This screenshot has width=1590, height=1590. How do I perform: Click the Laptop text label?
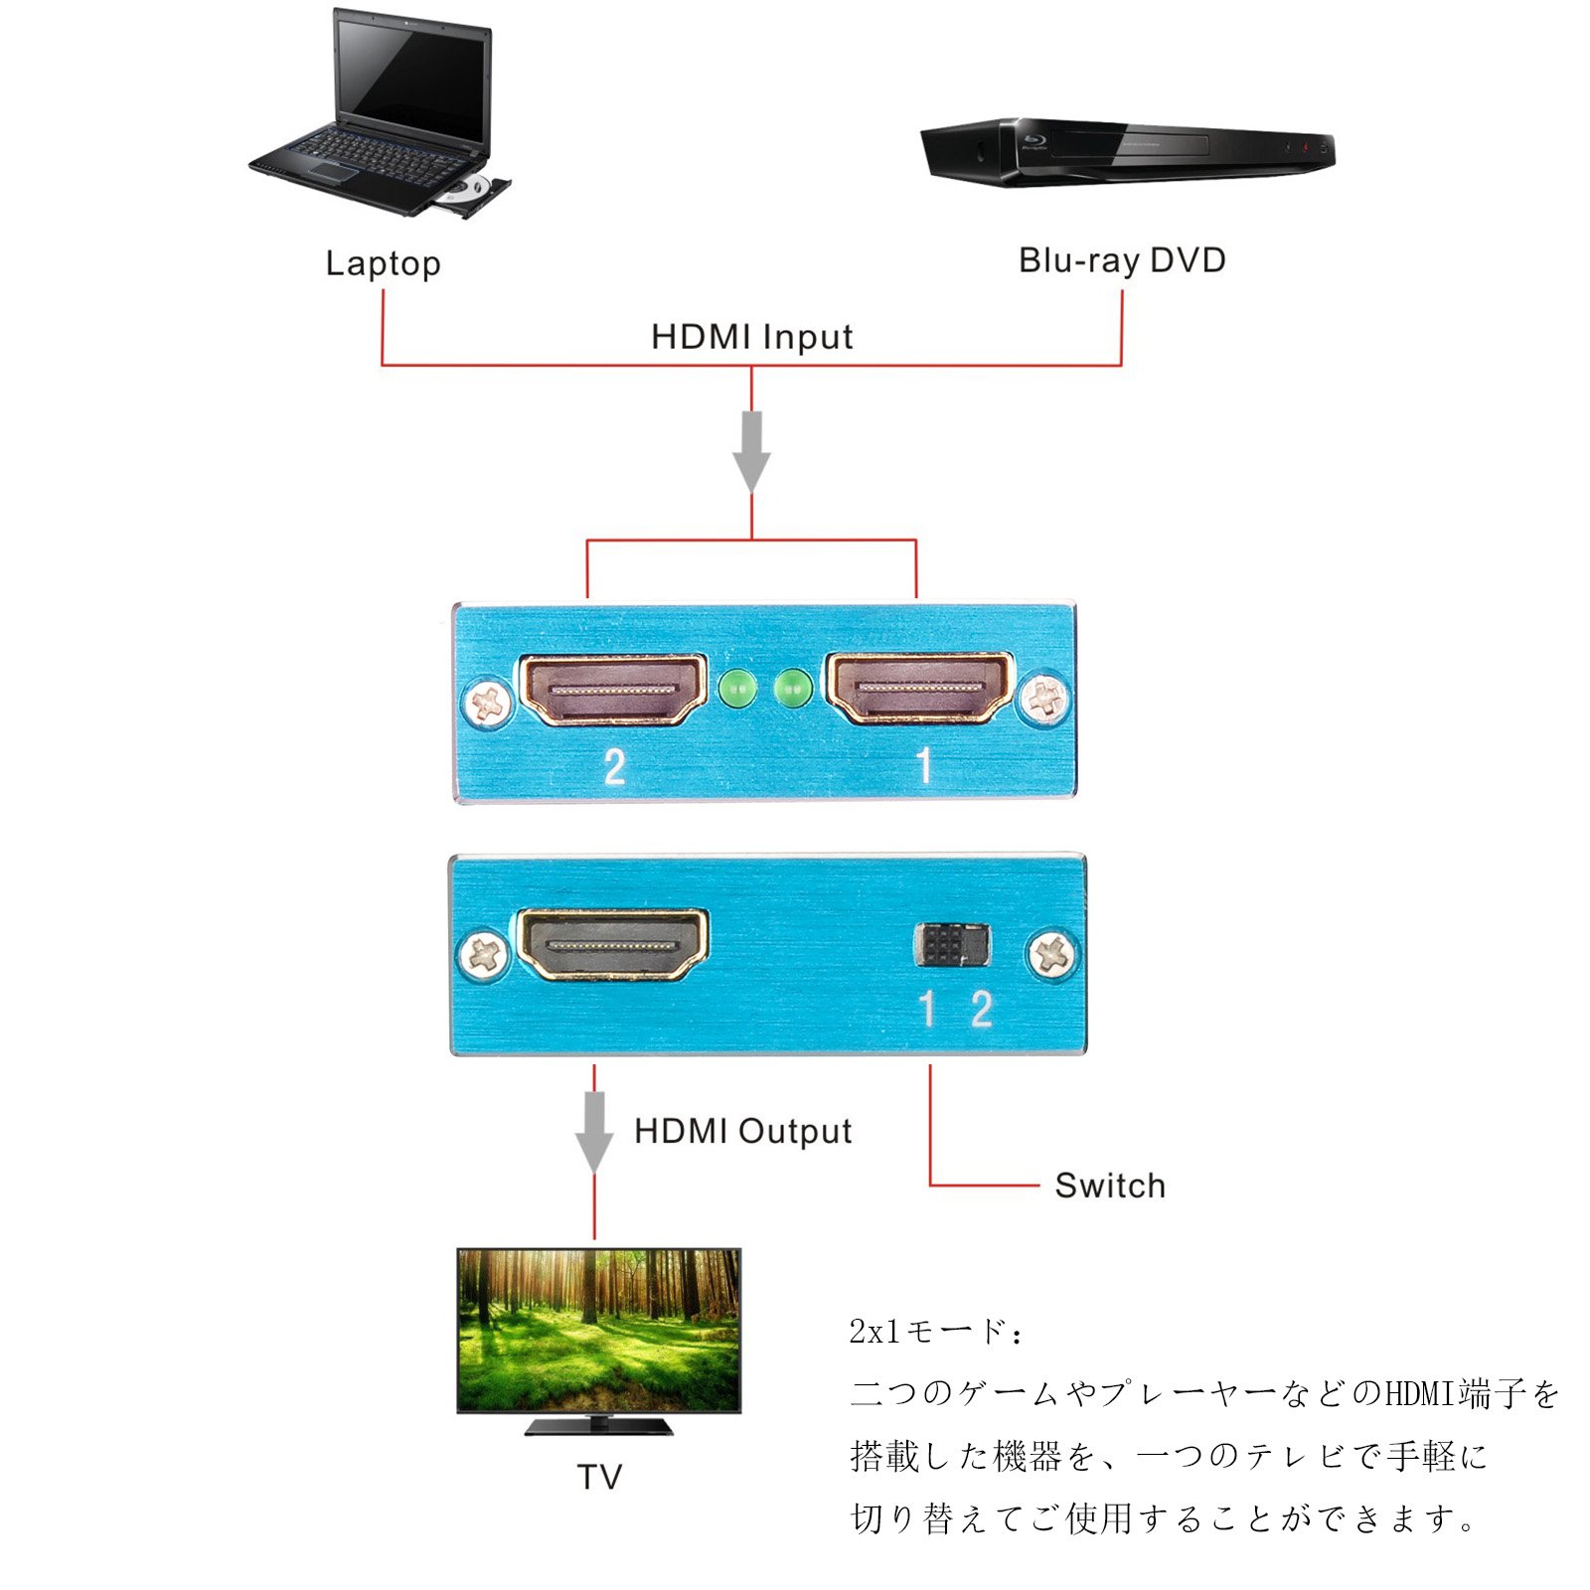(383, 263)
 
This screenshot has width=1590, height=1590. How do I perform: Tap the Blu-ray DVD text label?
(1122, 260)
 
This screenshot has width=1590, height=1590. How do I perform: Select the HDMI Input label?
(751, 337)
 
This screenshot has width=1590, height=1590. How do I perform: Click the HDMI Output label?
(742, 1131)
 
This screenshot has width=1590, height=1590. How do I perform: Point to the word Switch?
(1110, 1186)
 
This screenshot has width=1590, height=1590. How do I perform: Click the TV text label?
(599, 1477)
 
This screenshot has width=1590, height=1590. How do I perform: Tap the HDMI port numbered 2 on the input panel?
(613, 689)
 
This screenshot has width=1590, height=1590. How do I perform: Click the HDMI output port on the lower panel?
(613, 943)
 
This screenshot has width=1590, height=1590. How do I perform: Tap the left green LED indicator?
(737, 688)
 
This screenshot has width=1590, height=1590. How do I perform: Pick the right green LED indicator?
(792, 688)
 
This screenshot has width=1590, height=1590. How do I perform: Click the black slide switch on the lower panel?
(951, 945)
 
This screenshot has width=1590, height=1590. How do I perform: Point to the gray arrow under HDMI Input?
(751, 450)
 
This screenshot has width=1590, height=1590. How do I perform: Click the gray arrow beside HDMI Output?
(594, 1132)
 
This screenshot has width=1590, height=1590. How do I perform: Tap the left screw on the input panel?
(489, 703)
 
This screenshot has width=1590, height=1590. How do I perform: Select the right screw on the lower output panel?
(1052, 956)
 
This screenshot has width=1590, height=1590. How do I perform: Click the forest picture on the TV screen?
(598, 1330)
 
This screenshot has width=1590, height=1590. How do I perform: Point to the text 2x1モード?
(934, 1332)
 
